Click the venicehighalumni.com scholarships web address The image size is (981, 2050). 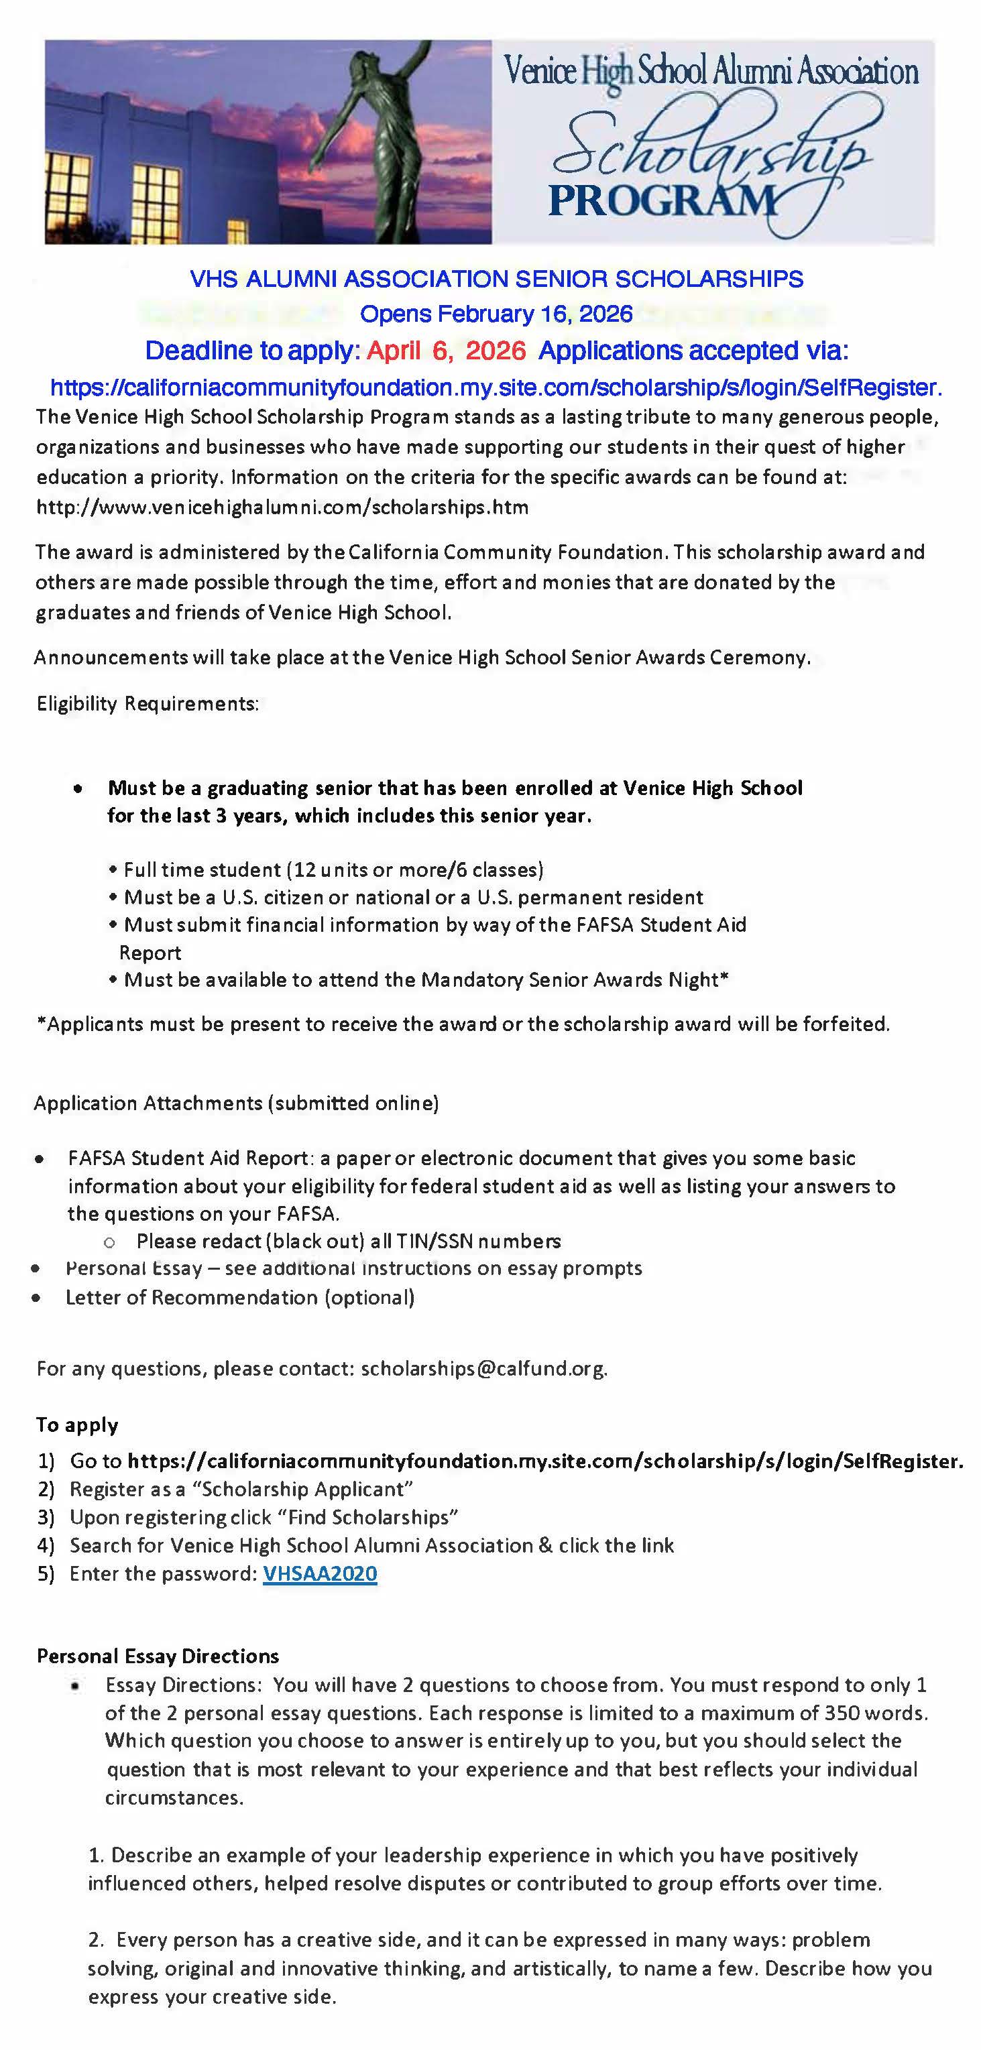tap(283, 507)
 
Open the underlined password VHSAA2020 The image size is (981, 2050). tap(320, 1573)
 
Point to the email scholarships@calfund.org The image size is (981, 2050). tap(483, 1368)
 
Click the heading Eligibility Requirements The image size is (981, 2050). tap(148, 703)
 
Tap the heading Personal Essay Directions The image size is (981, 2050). tap(158, 1656)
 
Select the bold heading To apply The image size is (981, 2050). tap(77, 1425)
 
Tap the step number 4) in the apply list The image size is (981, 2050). tap(46, 1545)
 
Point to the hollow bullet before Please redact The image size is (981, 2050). tap(110, 1242)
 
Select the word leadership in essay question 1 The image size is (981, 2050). tap(432, 1855)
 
